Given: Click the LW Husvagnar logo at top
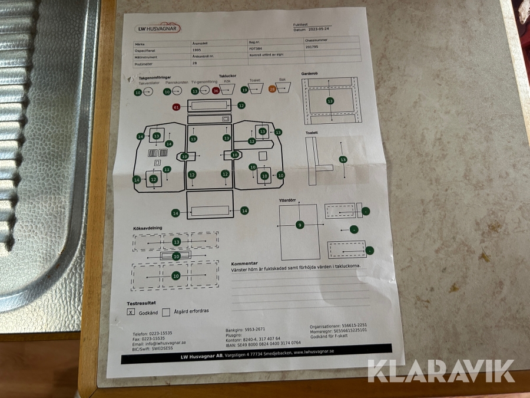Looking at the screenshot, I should [158, 28].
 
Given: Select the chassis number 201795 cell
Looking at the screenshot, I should [312, 47].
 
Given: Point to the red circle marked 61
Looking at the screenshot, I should [176, 107].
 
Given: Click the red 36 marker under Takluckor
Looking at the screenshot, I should [216, 91].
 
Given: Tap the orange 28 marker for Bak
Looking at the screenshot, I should [272, 89].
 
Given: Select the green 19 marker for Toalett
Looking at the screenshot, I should [244, 90].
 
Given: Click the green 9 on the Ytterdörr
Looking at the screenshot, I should [300, 225].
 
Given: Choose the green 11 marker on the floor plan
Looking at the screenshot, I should [167, 170].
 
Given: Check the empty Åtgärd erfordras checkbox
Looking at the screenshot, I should [166, 312].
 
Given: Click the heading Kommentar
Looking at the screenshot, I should [244, 264].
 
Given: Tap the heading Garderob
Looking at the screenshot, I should [310, 74].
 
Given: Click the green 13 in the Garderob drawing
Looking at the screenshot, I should [330, 101].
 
